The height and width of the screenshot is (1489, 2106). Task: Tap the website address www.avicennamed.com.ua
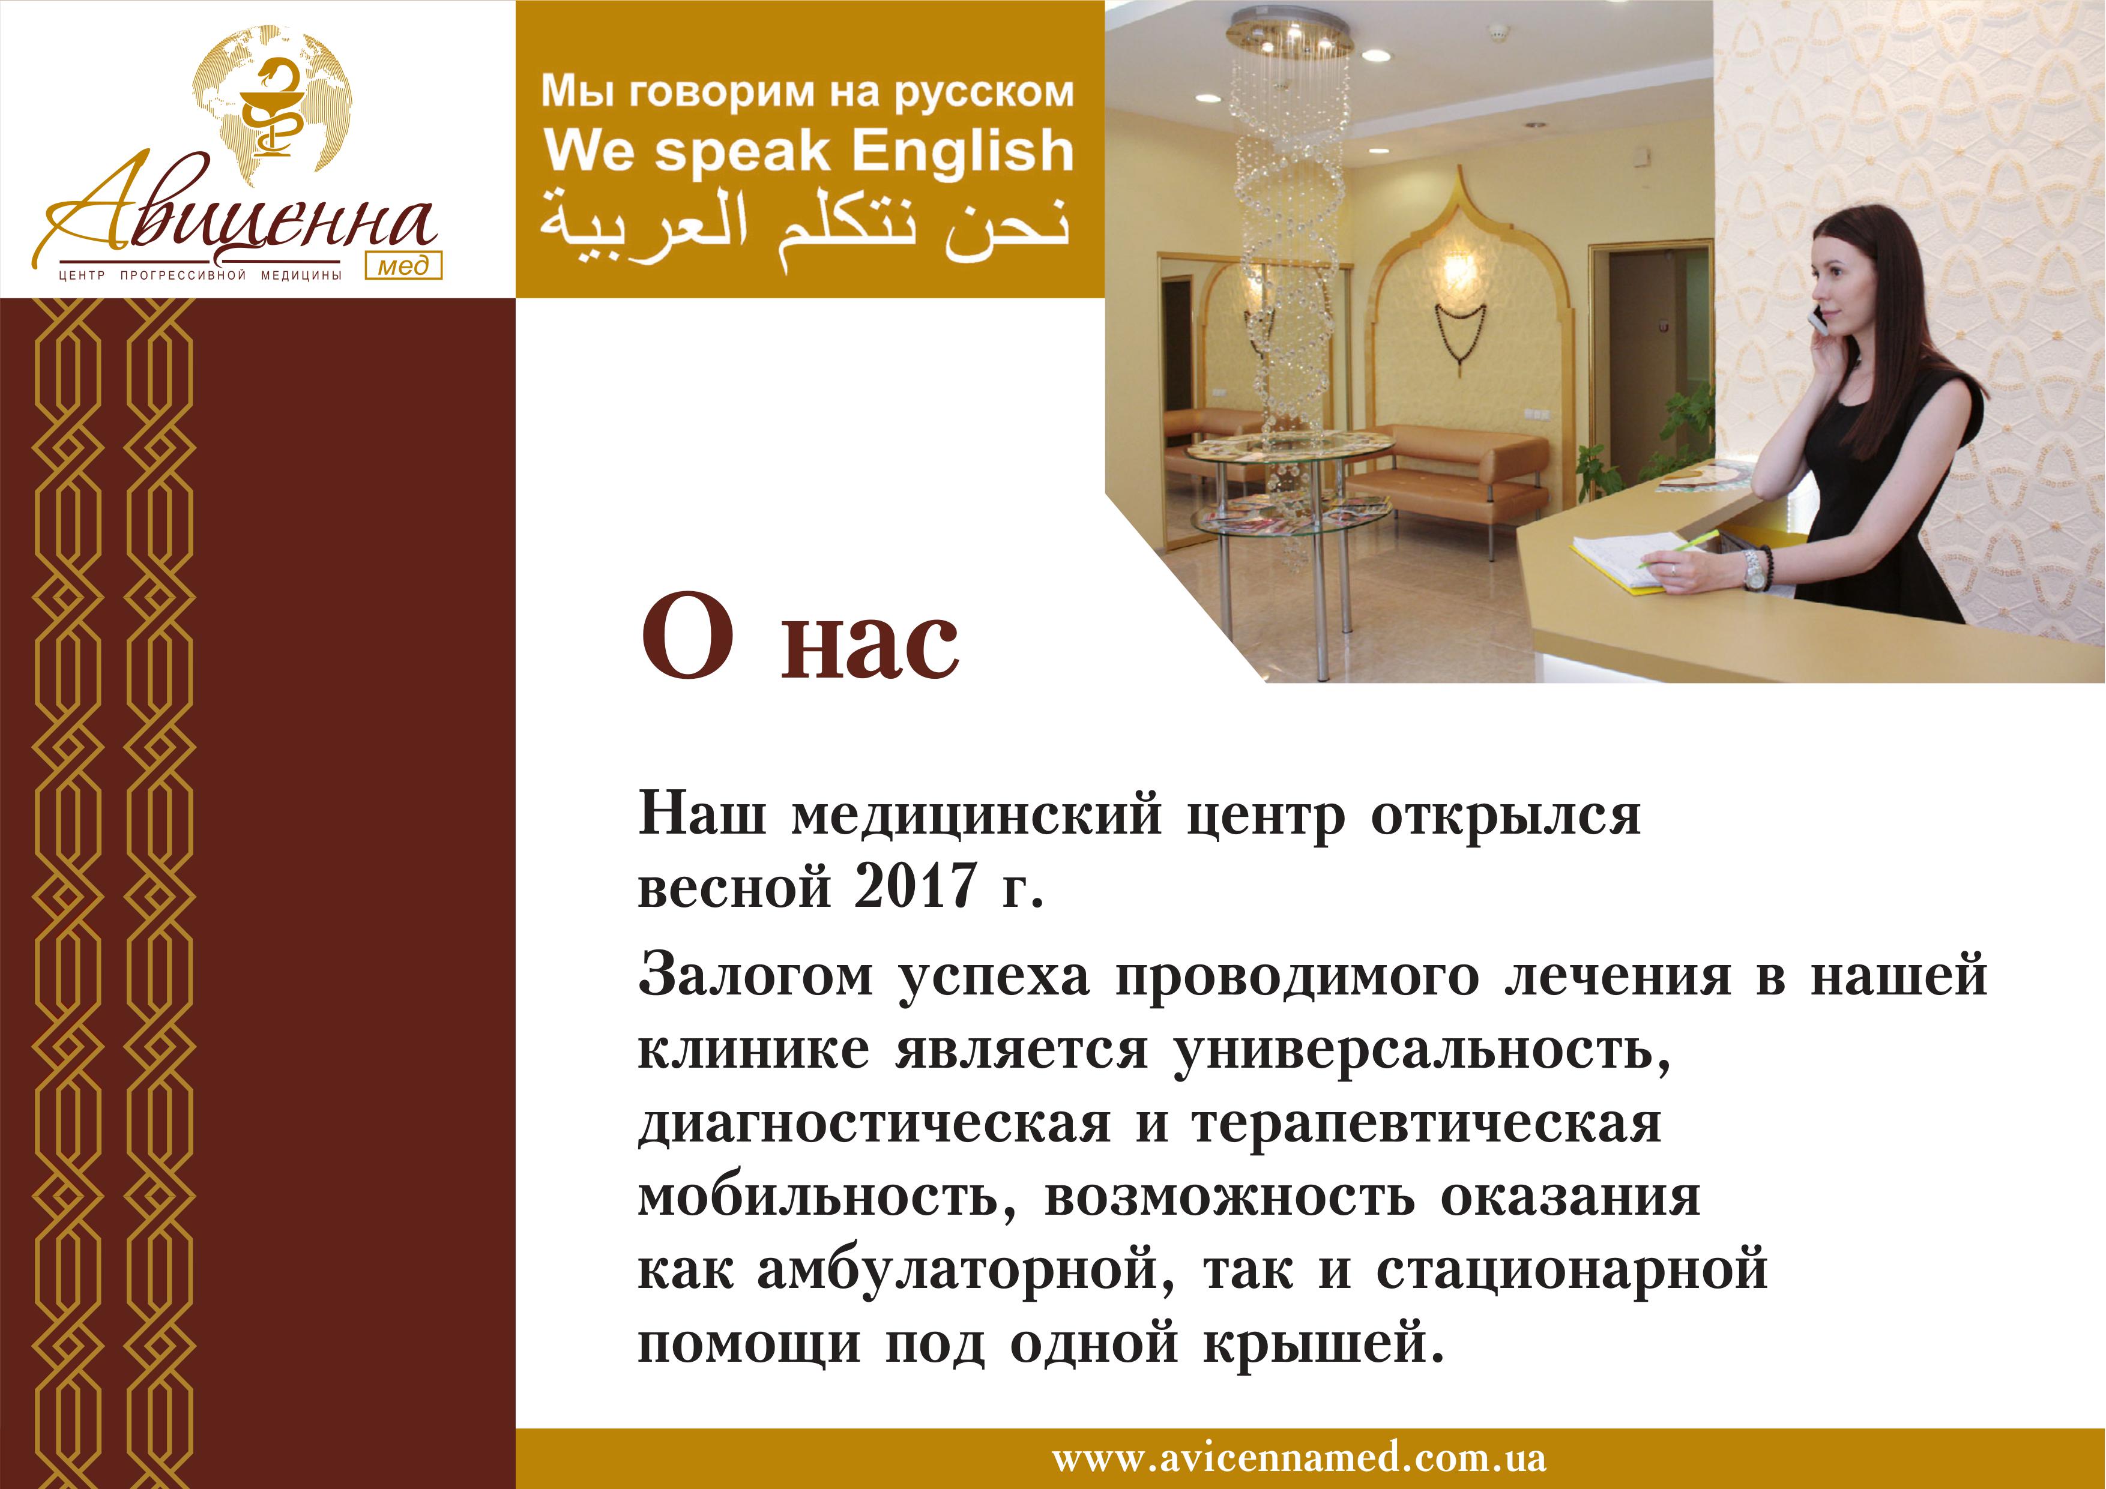1299,1458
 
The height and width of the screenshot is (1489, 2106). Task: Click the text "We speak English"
808,151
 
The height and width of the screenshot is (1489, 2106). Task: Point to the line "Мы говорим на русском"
807,92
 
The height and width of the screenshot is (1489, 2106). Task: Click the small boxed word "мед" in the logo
403,265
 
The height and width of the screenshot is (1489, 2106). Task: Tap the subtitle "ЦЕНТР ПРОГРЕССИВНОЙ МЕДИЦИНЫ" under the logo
200,275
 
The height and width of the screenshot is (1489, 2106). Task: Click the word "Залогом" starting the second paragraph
755,975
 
